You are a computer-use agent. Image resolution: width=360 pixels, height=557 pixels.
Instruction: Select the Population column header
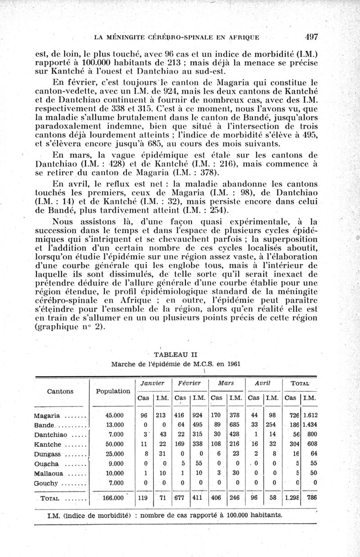coord(112,391)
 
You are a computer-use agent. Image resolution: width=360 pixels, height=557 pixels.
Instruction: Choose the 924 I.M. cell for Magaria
coord(198,416)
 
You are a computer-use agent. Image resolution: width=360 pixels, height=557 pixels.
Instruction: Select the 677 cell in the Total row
coord(180,498)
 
